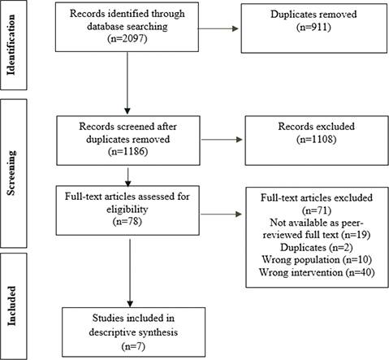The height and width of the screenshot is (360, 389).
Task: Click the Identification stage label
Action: pyautogui.click(x=11, y=45)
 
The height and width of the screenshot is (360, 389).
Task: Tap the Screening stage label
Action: pyautogui.click(x=11, y=172)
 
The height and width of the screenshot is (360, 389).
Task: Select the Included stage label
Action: pyautogui.click(x=11, y=306)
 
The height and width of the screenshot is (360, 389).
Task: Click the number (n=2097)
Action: pyautogui.click(x=128, y=39)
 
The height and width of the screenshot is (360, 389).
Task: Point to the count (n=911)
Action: pyautogui.click(x=313, y=27)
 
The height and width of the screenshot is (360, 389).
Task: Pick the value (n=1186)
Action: pyautogui.click(x=128, y=151)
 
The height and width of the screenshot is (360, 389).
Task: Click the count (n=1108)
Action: pyautogui.click(x=317, y=139)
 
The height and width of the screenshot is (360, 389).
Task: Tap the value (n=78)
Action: pyautogui.click(x=128, y=221)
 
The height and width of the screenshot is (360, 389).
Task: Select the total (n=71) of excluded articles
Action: pyautogui.click(x=317, y=210)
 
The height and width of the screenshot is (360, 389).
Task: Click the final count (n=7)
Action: pyautogui.click(x=133, y=346)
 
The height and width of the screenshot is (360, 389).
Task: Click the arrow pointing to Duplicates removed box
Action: pyautogui.click(x=218, y=28)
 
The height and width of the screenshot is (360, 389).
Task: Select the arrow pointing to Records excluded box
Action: pyautogui.click(x=222, y=140)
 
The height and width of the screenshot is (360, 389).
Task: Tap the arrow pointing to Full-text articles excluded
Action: pyautogui.click(x=221, y=215)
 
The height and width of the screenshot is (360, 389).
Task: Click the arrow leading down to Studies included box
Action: pyautogui.click(x=130, y=273)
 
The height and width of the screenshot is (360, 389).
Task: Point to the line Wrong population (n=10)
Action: pyautogui.click(x=317, y=259)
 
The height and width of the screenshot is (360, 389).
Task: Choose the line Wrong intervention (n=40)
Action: pyautogui.click(x=317, y=272)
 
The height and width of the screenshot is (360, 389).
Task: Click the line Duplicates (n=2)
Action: pyautogui.click(x=317, y=247)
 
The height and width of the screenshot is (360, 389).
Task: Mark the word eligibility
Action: pyautogui.click(x=128, y=209)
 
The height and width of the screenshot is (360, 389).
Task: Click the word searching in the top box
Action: pyautogui.click(x=147, y=27)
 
